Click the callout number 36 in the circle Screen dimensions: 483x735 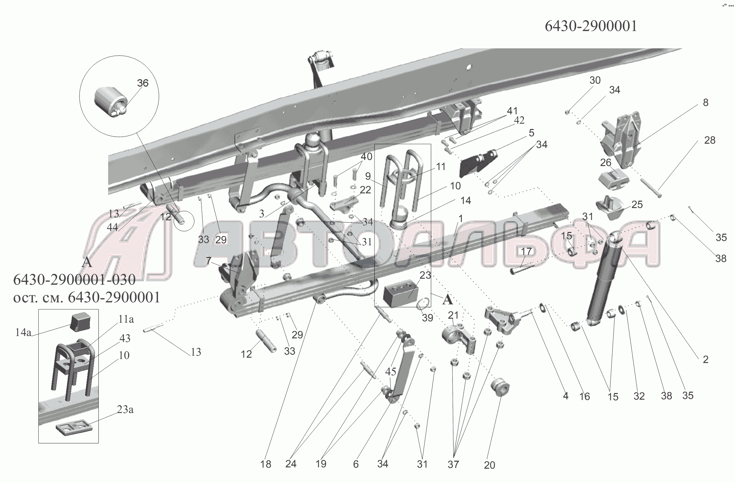pos(143,83)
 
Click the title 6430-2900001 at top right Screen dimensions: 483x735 pos(591,26)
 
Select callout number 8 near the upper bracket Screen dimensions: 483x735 pos(705,102)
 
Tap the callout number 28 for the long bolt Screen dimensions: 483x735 pos(710,140)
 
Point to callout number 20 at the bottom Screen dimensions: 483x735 pos(489,465)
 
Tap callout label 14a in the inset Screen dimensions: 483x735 pos(23,332)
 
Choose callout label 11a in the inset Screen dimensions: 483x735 pos(126,320)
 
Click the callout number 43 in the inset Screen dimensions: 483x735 pos(125,338)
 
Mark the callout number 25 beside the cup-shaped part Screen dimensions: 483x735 pos(637,204)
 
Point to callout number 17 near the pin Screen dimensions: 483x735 pos(526,252)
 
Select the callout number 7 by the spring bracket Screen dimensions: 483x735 pos(209,261)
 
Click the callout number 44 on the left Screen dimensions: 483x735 pos(112,227)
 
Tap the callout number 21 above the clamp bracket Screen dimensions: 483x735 pos(453,315)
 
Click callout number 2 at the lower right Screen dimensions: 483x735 pos(705,359)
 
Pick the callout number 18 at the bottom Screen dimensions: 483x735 pos(266,464)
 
